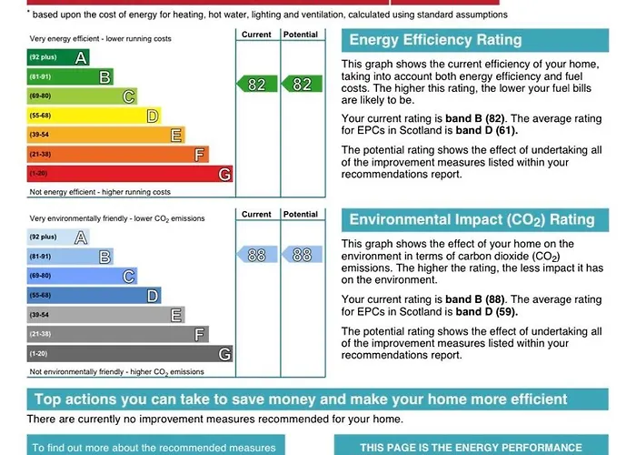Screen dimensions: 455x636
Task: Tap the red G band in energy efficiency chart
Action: (130, 174)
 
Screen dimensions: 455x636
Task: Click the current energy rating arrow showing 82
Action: (256, 84)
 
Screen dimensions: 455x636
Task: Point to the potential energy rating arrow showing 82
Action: (301, 84)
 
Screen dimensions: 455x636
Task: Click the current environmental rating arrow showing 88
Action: (256, 255)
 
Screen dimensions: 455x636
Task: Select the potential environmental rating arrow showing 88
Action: (301, 255)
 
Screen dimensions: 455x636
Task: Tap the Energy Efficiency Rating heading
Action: (436, 40)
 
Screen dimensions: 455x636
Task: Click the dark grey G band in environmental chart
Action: (130, 353)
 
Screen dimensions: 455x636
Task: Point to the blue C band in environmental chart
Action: (82, 276)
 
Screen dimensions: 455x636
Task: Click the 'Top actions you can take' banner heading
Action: (300, 399)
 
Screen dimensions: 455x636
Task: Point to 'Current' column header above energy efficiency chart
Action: (256, 35)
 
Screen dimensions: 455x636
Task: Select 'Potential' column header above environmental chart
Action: (301, 215)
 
